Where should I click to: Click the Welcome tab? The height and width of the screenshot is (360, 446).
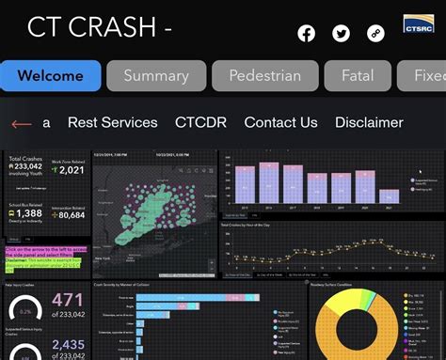pos(51,75)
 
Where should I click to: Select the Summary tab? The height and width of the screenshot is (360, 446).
pos(156,75)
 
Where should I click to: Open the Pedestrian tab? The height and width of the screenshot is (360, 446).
pos(265,75)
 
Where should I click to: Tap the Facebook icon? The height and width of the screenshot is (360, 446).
pos(307,34)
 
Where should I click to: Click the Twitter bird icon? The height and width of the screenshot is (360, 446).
pos(341,34)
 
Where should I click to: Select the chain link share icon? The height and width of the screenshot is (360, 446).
pos(375,34)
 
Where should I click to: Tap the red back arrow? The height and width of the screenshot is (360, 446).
pos(21,123)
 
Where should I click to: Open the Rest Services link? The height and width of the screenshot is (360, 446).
pos(113,122)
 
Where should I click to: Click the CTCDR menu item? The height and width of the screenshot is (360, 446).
pos(200,122)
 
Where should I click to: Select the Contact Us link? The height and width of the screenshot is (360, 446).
pos(280,122)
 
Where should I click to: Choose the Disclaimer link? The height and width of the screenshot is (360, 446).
pos(369,122)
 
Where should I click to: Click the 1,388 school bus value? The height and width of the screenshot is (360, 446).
pos(28,213)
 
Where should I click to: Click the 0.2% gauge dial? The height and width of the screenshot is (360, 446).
pos(25,311)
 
